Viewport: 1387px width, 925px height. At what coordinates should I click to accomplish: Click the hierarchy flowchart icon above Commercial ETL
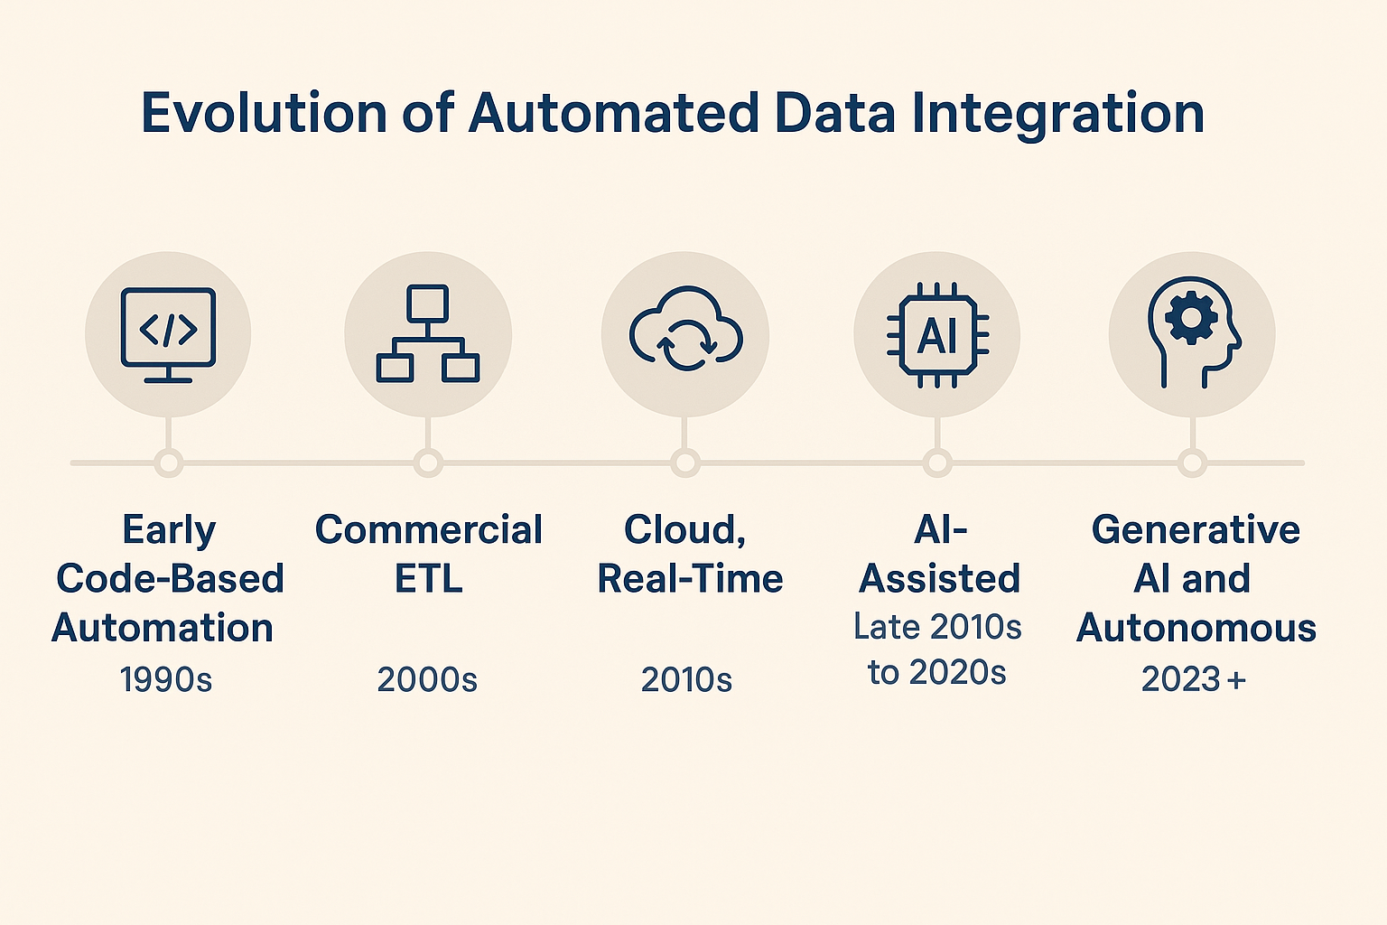[x=428, y=333]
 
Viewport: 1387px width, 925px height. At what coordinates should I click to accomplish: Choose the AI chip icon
[x=937, y=335]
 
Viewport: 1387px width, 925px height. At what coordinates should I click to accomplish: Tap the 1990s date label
[x=166, y=679]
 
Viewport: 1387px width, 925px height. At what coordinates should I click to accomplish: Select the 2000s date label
[x=427, y=679]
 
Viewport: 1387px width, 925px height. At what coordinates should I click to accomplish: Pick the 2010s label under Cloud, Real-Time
[x=686, y=679]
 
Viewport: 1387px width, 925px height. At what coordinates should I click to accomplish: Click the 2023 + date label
[x=1193, y=679]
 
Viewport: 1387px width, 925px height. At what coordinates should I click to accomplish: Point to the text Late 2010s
[x=937, y=627]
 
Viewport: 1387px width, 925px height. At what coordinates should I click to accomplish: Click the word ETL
[x=428, y=579]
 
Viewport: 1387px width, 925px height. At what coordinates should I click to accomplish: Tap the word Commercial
[x=428, y=530]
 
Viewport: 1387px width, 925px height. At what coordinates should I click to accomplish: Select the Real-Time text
[x=690, y=579]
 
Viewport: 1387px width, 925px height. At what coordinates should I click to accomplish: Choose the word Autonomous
[x=1196, y=628]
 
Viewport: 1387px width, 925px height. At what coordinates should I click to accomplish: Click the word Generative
[x=1196, y=530]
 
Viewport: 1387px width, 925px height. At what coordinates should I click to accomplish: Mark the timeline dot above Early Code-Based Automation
[x=168, y=463]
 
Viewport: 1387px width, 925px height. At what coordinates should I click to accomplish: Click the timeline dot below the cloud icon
[x=685, y=463]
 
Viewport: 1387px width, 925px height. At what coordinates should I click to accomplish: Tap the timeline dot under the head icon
[x=1193, y=463]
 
